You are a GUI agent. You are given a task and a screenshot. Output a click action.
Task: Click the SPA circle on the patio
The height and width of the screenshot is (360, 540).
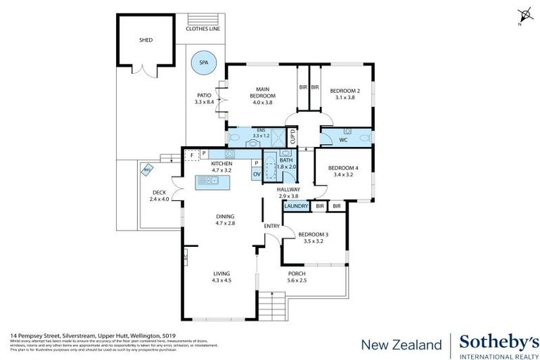[x=204, y=63]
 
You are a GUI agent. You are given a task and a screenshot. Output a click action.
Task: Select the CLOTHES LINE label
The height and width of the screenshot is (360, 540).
[x=203, y=29]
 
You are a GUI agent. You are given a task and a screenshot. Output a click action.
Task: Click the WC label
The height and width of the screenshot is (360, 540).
[x=343, y=139]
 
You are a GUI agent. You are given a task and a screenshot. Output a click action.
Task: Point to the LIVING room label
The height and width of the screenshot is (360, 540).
[x=221, y=277]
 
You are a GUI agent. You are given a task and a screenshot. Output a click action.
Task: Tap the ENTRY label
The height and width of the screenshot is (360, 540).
[x=271, y=226]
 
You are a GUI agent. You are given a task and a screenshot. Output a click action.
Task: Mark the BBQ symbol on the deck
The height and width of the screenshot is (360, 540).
[x=147, y=169]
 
